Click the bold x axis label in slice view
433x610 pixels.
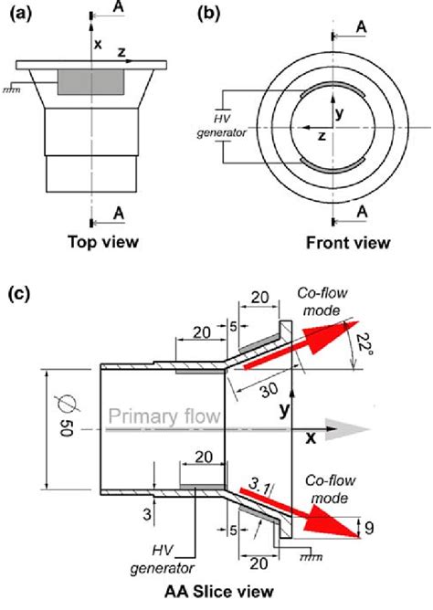click(x=311, y=437)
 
